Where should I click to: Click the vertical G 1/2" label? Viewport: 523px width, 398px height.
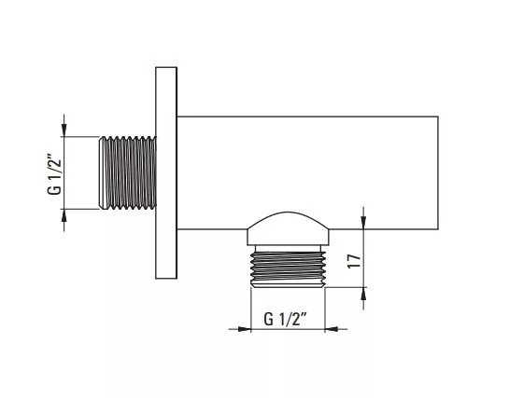pyautogui.click(x=55, y=174)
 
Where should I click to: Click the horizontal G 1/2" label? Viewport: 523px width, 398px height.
pyautogui.click(x=285, y=319)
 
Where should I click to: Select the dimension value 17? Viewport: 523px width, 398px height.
pyautogui.click(x=354, y=261)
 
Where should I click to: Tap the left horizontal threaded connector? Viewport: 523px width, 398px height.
pyautogui.click(x=128, y=172)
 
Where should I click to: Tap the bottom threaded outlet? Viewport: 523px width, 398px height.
pyautogui.click(x=288, y=268)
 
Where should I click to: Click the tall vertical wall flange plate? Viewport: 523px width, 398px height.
pyautogui.click(x=166, y=172)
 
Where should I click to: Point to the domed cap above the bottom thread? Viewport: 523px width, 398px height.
pyautogui.click(x=288, y=228)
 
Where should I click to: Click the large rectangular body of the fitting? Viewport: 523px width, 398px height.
pyautogui.click(x=307, y=172)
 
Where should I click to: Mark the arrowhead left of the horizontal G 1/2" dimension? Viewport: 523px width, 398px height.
pyautogui.click(x=244, y=329)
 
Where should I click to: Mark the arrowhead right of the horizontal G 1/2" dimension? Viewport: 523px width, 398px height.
pyautogui.click(x=332, y=329)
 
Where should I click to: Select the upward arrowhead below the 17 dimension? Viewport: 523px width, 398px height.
pyautogui.click(x=363, y=294)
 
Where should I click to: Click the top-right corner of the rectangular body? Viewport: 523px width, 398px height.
pyautogui.click(x=438, y=117)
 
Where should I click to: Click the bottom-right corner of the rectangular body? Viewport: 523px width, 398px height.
pyautogui.click(x=438, y=229)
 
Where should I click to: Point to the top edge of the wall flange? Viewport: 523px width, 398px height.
pyautogui.click(x=166, y=67)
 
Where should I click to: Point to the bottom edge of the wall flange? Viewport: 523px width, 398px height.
pyautogui.click(x=166, y=278)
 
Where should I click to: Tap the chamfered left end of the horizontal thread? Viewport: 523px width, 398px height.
pyautogui.click(x=101, y=172)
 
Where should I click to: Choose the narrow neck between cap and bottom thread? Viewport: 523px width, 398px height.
pyautogui.click(x=288, y=248)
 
